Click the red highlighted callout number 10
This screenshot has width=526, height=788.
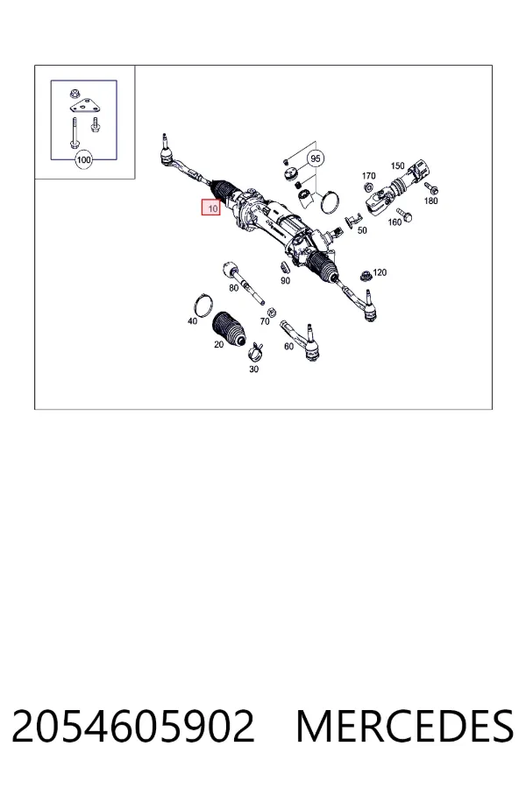click(x=211, y=208)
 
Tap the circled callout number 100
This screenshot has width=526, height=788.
click(x=83, y=160)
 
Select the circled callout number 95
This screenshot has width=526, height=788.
click(x=316, y=158)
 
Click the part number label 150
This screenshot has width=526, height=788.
click(x=398, y=165)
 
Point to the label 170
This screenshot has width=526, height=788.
click(x=368, y=176)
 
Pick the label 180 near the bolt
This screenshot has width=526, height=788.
click(x=430, y=201)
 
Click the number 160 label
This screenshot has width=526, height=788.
click(x=394, y=222)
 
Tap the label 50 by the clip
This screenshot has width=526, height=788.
click(x=362, y=230)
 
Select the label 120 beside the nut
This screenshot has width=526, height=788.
click(x=380, y=272)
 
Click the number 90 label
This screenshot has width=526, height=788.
click(x=286, y=280)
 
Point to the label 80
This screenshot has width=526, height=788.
click(x=233, y=288)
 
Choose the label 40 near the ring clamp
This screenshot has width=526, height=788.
click(x=192, y=320)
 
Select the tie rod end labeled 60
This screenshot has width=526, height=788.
click(x=301, y=339)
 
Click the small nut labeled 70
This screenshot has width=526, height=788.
click(x=270, y=312)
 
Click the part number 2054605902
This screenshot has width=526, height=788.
click(x=133, y=726)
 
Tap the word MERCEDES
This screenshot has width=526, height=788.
click(x=405, y=726)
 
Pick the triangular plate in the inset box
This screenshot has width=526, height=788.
click(x=83, y=106)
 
